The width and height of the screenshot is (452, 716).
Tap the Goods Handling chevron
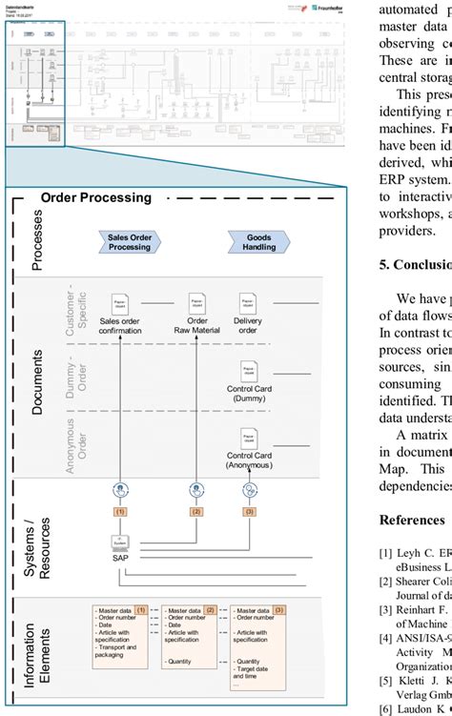259,243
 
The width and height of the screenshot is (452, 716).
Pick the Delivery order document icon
247,305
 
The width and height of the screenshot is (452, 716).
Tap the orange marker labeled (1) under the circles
120,511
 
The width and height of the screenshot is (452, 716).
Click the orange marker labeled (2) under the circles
196,511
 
